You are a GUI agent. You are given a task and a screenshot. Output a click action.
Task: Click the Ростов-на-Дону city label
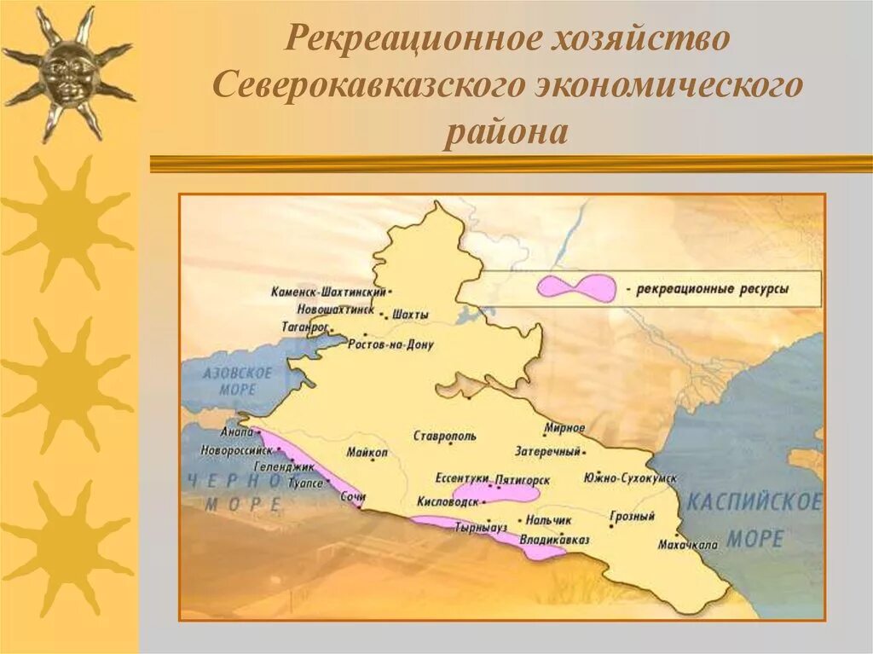point(390,345)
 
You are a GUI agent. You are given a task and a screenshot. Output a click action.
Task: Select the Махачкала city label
point(688,544)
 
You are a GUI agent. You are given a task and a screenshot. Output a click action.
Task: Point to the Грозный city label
point(632,517)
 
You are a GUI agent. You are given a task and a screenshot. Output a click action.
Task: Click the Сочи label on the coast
point(352,496)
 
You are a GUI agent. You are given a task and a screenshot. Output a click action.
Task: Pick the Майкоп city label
point(367,452)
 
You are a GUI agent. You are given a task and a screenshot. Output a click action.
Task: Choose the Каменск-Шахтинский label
point(329,292)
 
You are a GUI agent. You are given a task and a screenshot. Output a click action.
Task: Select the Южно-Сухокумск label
point(631,477)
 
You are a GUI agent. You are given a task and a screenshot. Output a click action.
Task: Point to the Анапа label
point(236,431)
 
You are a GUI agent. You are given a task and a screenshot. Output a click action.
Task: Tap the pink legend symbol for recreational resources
point(575,287)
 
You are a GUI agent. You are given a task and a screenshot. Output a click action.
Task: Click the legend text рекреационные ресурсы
point(713,289)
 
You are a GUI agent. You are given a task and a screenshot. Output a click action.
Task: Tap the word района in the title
point(506,134)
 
